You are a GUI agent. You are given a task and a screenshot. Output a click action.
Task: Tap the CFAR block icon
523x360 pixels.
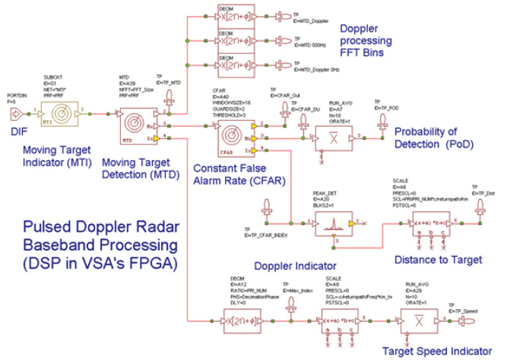point(233,134)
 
